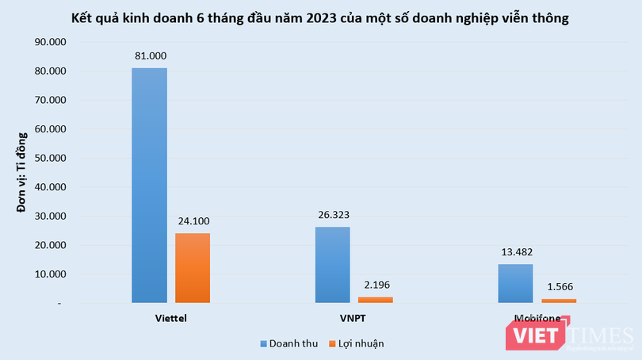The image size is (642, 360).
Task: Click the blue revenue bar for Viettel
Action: click(x=149, y=186)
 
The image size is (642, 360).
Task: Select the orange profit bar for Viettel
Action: click(x=193, y=268)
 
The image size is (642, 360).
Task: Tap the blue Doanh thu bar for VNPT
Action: click(x=332, y=265)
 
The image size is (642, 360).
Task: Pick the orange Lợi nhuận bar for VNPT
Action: click(x=376, y=300)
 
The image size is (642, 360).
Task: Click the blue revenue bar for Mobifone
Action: click(x=515, y=284)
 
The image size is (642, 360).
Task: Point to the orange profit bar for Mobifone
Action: click(x=559, y=301)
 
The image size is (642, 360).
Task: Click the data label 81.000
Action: click(x=149, y=56)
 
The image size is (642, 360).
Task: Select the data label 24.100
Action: click(x=193, y=221)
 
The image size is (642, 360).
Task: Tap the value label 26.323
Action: click(x=332, y=215)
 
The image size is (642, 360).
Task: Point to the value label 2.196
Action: click(x=376, y=285)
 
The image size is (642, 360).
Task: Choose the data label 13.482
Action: click(x=515, y=252)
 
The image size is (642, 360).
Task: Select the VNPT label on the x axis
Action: click(x=353, y=319)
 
